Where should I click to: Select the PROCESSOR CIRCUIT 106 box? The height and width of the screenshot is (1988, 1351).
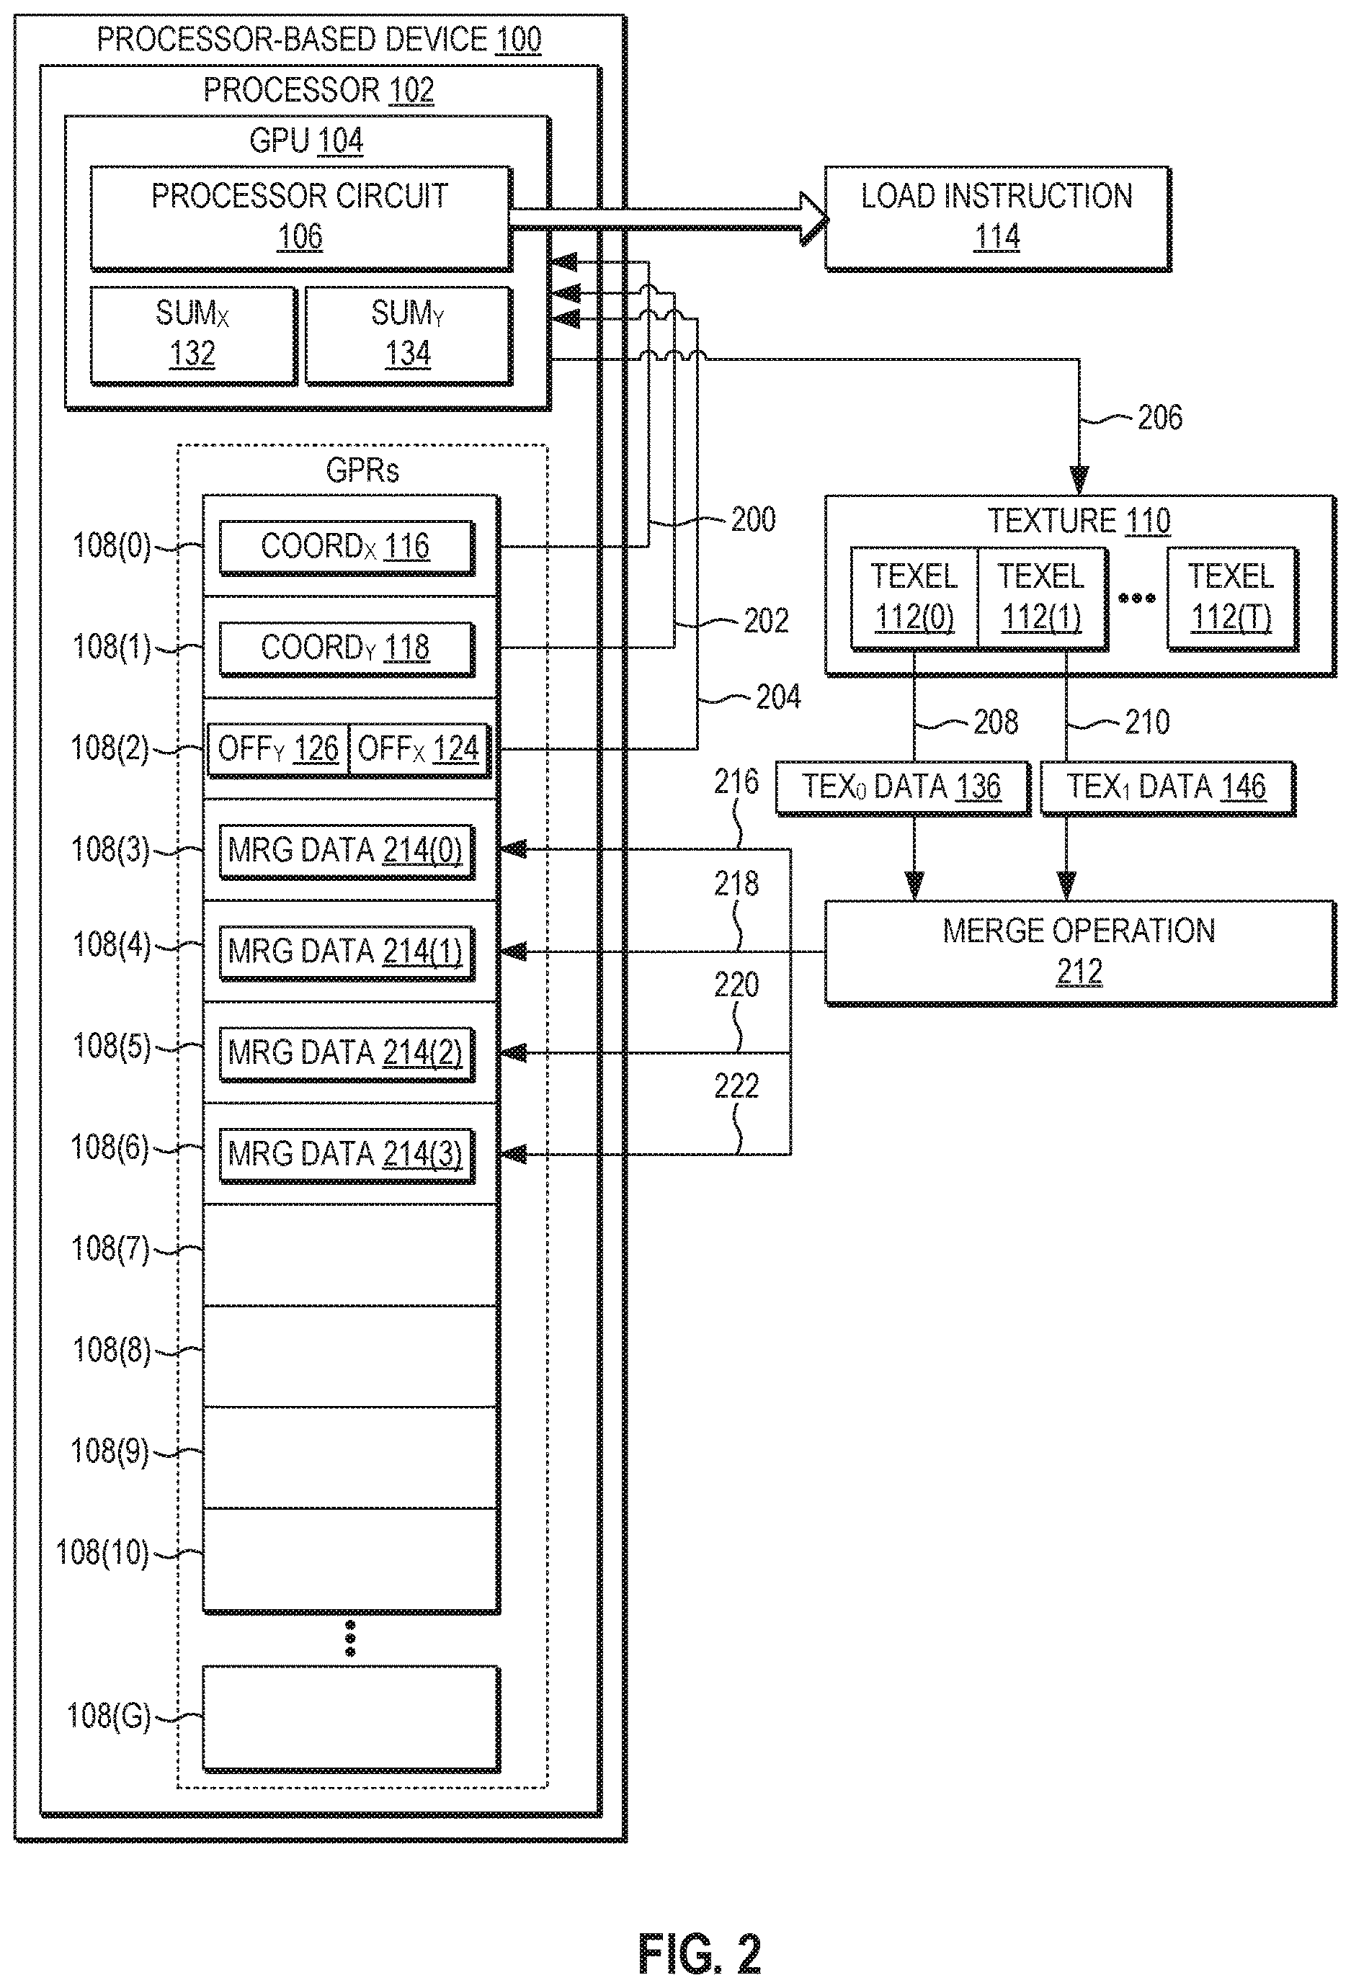[x=300, y=218]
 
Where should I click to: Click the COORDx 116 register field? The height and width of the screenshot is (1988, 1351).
[x=346, y=547]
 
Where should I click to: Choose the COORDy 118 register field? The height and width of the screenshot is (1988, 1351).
[x=346, y=648]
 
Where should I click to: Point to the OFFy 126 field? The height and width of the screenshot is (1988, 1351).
[x=279, y=749]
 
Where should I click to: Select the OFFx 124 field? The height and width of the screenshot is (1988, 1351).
[x=419, y=749]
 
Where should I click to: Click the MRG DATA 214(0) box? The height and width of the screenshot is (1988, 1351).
[x=346, y=850]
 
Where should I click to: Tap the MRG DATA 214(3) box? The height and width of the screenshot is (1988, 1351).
[x=346, y=1155]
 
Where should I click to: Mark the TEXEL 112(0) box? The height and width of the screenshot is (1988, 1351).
[x=914, y=597]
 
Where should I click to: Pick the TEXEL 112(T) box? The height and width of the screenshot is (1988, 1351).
[x=1232, y=597]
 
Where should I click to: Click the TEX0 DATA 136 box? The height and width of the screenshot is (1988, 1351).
[x=902, y=787]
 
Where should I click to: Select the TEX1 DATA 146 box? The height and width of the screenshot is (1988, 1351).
[x=1167, y=787]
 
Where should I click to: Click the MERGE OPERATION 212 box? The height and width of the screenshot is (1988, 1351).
[x=1080, y=952]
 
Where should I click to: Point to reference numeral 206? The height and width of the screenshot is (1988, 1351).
[x=1159, y=418]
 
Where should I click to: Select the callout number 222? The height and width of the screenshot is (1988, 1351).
[x=736, y=1086]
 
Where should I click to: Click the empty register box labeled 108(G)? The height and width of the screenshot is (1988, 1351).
[x=351, y=1718]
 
